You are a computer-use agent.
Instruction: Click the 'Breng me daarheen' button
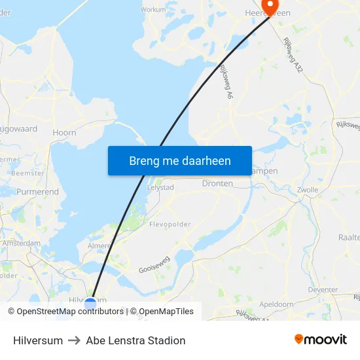[180, 161]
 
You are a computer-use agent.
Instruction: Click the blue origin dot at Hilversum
[90, 303]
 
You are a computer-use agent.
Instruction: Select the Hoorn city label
[64, 132]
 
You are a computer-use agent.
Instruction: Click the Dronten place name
[217, 184]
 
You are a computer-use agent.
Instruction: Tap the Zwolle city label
[307, 190]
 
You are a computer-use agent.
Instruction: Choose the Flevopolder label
[170, 224]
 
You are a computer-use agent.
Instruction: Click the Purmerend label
[37, 192]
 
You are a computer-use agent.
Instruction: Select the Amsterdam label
[21, 243]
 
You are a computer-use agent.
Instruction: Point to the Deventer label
[322, 290]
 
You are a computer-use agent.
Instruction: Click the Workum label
[153, 10]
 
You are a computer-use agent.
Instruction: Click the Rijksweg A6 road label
[226, 82]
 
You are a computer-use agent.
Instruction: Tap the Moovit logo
[320, 340]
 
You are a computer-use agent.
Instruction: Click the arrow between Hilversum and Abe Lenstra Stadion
[74, 340]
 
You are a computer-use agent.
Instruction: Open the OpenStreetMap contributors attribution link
[70, 312]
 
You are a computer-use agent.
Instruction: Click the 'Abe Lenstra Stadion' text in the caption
[135, 340]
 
